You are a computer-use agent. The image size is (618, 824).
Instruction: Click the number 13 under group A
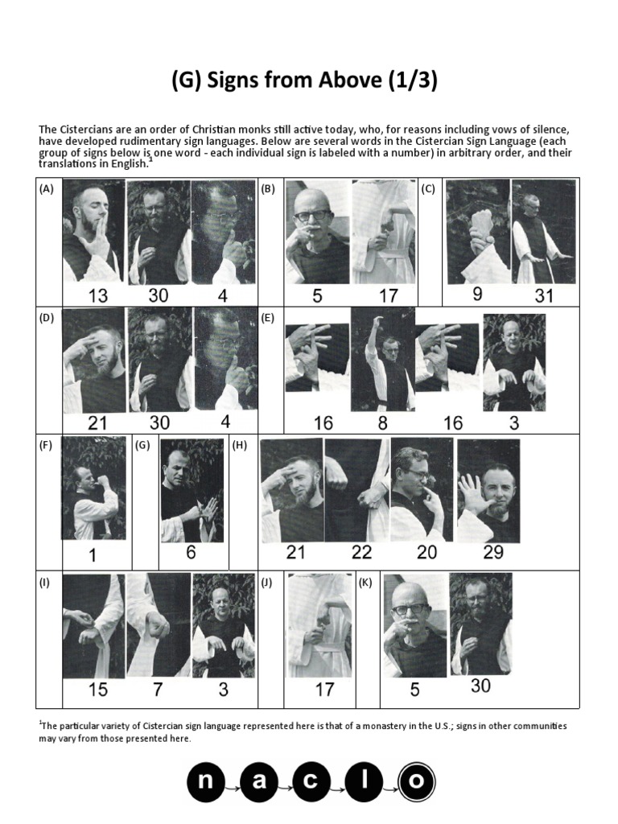(x=97, y=295)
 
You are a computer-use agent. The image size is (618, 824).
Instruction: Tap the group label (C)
(x=428, y=189)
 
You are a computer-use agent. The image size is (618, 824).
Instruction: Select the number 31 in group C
(x=544, y=295)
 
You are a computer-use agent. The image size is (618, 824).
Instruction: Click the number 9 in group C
(x=478, y=294)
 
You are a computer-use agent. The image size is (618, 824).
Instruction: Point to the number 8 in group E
(x=382, y=422)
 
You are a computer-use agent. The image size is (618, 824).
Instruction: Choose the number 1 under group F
(x=93, y=554)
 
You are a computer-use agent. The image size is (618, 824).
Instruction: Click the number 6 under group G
(x=191, y=553)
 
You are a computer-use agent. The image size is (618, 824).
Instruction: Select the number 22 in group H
(x=362, y=552)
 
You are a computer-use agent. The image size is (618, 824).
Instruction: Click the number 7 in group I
(x=157, y=690)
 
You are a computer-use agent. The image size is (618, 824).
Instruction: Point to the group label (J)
(x=266, y=583)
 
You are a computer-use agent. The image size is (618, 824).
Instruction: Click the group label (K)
(x=366, y=583)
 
